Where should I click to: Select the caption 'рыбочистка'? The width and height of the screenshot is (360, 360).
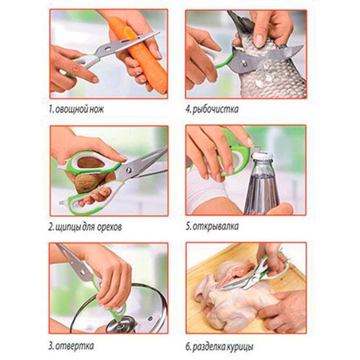(x=215, y=109)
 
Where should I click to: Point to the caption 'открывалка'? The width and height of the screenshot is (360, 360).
(x=216, y=226)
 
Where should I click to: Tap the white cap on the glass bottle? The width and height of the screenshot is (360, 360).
(x=262, y=157)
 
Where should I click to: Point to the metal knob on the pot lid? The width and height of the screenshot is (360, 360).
(x=121, y=324)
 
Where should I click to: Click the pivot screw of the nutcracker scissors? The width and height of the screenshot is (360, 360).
(x=129, y=170)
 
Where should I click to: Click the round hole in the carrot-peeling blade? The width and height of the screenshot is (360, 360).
(x=108, y=49)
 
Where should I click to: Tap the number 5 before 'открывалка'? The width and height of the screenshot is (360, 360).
(x=188, y=226)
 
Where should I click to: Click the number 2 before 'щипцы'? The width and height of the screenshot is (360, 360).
(x=51, y=227)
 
